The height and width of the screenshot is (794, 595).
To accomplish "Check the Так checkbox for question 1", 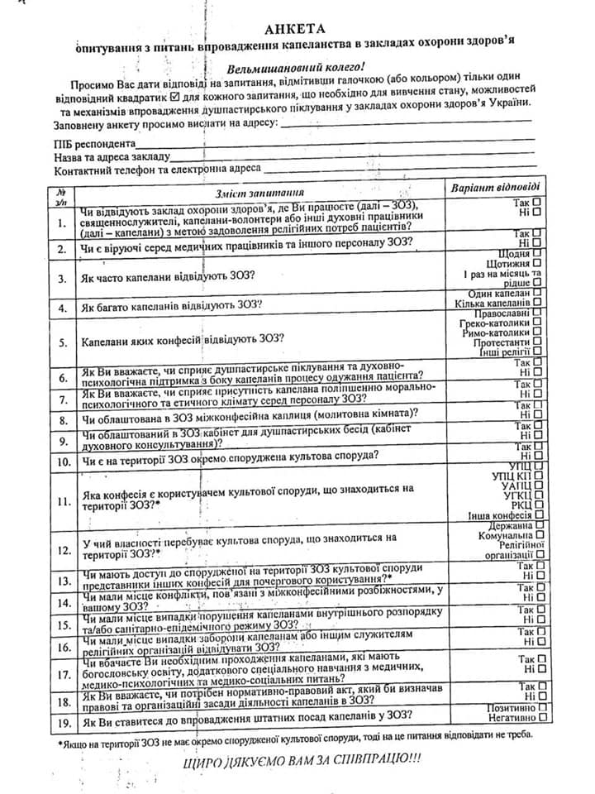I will point(538,201).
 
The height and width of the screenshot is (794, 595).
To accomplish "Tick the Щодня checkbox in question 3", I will point(538,252).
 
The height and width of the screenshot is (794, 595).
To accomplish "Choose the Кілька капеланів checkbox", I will point(538,303).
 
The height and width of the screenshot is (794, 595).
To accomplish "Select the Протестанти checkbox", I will point(538,341).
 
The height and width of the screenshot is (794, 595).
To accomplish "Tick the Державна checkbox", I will point(539,524).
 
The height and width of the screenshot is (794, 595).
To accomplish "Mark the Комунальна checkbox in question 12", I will point(539,535).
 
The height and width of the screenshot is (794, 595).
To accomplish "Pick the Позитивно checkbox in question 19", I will point(539,709).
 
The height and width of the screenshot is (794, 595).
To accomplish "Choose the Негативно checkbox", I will point(539,720).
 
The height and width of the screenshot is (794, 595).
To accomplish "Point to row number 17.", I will point(63,675).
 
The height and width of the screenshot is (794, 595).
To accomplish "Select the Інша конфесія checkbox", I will point(539,515).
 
